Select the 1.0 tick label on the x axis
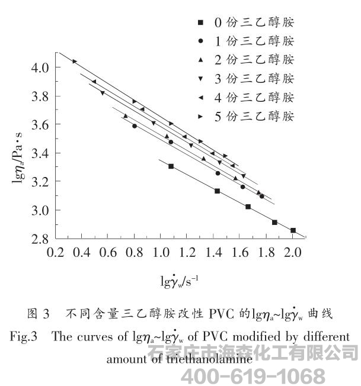click(x=161, y=253)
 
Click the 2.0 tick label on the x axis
click(x=292, y=253)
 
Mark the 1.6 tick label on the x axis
click(x=239, y=253)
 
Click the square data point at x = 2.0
click(x=293, y=230)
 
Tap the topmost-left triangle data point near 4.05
click(x=75, y=61)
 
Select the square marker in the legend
click(x=202, y=23)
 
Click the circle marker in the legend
click(x=202, y=41)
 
